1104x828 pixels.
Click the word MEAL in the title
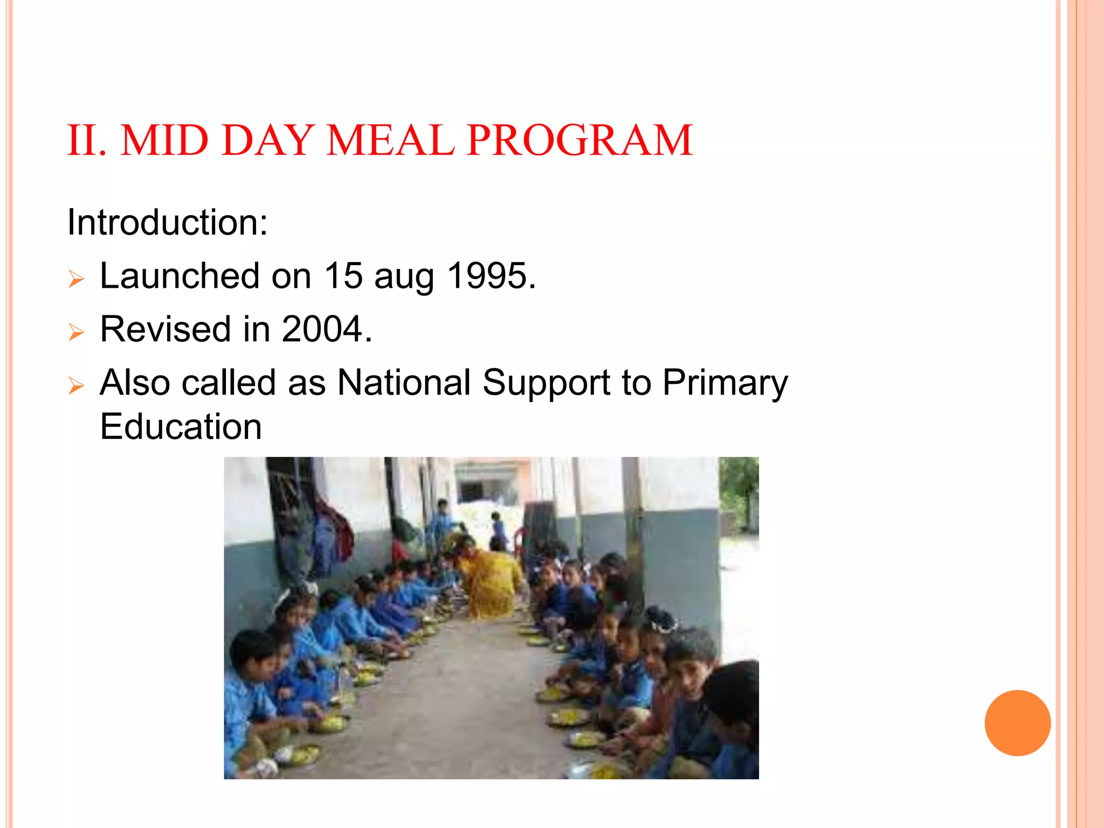[390, 140]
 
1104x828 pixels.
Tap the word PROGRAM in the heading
[579, 140]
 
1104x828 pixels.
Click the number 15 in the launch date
[343, 276]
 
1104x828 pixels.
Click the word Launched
[180, 276]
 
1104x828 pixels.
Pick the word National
[404, 383]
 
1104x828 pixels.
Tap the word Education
[181, 426]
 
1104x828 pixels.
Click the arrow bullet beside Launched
[77, 279]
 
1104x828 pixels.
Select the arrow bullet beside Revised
[77, 332]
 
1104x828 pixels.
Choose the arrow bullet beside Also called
[77, 385]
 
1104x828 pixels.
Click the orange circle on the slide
[1017, 723]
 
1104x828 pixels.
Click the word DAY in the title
[267, 140]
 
